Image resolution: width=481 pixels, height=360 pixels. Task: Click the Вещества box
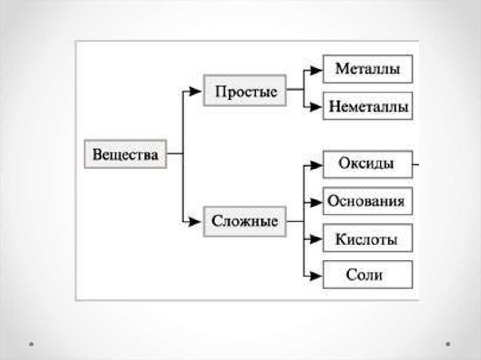click(125, 154)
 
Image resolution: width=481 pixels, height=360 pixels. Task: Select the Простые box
click(245, 91)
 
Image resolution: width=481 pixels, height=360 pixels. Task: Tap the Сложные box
click(245, 221)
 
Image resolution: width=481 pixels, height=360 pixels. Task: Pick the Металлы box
click(367, 69)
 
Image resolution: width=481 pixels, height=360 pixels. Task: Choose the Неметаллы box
click(367, 106)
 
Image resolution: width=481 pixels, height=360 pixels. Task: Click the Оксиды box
click(367, 164)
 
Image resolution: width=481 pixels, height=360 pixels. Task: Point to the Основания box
click(367, 201)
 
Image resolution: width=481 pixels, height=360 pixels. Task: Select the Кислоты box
click(367, 238)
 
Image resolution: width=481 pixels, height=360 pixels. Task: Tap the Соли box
click(367, 275)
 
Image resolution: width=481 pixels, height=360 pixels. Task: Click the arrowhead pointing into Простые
click(195, 92)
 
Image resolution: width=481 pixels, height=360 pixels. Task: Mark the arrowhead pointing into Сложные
click(195, 221)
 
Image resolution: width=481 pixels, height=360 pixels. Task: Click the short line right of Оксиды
click(416, 165)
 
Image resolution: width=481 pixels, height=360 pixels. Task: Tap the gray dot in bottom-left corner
click(31, 344)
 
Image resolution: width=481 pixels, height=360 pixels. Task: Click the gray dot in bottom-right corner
click(448, 344)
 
